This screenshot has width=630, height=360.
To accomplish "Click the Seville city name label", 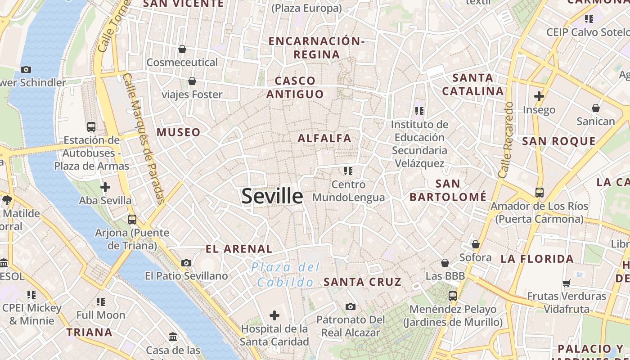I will click(x=272, y=196).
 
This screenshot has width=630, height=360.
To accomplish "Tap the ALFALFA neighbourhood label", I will click(x=324, y=138).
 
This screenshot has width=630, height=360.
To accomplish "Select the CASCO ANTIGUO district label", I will click(x=295, y=87).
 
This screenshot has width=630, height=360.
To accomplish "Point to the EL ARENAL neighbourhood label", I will click(x=239, y=249).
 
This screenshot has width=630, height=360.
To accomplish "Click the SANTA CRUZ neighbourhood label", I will click(x=362, y=282).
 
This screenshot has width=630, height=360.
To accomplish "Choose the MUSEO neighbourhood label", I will click(x=179, y=132).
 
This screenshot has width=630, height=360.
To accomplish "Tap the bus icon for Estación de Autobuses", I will click(x=91, y=127).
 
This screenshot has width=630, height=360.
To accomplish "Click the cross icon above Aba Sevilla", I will click(x=105, y=187).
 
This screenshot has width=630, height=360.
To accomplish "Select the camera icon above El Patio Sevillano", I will click(x=186, y=263).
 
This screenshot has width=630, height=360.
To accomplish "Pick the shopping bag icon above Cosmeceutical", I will click(x=182, y=49).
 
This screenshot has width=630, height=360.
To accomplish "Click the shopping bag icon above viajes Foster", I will click(x=192, y=81).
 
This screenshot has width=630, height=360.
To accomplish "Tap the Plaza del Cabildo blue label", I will click(x=286, y=274).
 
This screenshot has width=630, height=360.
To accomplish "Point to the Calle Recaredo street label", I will click(x=506, y=139).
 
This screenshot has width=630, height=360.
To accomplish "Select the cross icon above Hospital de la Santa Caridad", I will click(x=274, y=315).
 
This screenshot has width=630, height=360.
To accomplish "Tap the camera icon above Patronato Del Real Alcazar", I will click(x=351, y=307).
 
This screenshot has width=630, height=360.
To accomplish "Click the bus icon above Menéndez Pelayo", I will click(x=453, y=296).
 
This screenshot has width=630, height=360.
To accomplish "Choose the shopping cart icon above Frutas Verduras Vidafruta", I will click(x=566, y=283).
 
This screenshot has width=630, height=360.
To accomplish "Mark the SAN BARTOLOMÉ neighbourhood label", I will click(x=448, y=190).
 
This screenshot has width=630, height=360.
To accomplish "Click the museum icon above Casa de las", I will click(x=173, y=337).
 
